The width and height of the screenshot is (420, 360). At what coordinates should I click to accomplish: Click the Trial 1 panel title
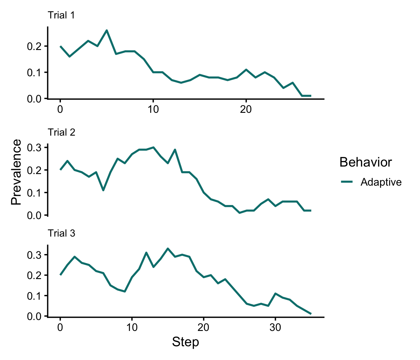pyautogui.click(x=61, y=15)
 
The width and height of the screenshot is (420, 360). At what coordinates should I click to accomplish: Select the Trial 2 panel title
pyautogui.click(x=61, y=132)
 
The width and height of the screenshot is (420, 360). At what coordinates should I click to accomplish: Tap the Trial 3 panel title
pyautogui.click(x=61, y=233)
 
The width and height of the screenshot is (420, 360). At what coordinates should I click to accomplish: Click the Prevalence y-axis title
pyautogui.click(x=16, y=172)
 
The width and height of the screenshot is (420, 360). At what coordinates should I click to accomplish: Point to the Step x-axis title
pyautogui.click(x=185, y=342)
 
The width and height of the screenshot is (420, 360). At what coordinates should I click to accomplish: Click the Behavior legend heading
pyautogui.click(x=366, y=162)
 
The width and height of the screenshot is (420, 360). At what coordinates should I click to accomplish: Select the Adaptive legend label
pyautogui.click(x=381, y=182)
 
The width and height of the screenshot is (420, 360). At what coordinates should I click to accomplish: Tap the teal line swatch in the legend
pyautogui.click(x=347, y=182)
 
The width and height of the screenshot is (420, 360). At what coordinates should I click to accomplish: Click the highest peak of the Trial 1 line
pyautogui.click(x=107, y=30)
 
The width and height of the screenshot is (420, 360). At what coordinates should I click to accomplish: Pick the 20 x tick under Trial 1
pyautogui.click(x=246, y=110)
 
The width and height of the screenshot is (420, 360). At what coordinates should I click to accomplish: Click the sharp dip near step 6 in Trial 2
pyautogui.click(x=103, y=190)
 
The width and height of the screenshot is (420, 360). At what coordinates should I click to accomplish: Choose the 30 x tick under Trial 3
pyautogui.click(x=275, y=327)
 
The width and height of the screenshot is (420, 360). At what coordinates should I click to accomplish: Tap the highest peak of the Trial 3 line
pyautogui.click(x=168, y=248)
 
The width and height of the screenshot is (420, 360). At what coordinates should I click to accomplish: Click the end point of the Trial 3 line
pyautogui.click(x=311, y=314)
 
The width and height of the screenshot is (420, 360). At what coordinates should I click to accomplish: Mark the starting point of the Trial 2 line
pyautogui.click(x=60, y=170)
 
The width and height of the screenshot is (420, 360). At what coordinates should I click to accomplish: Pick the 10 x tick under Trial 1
pyautogui.click(x=153, y=110)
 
